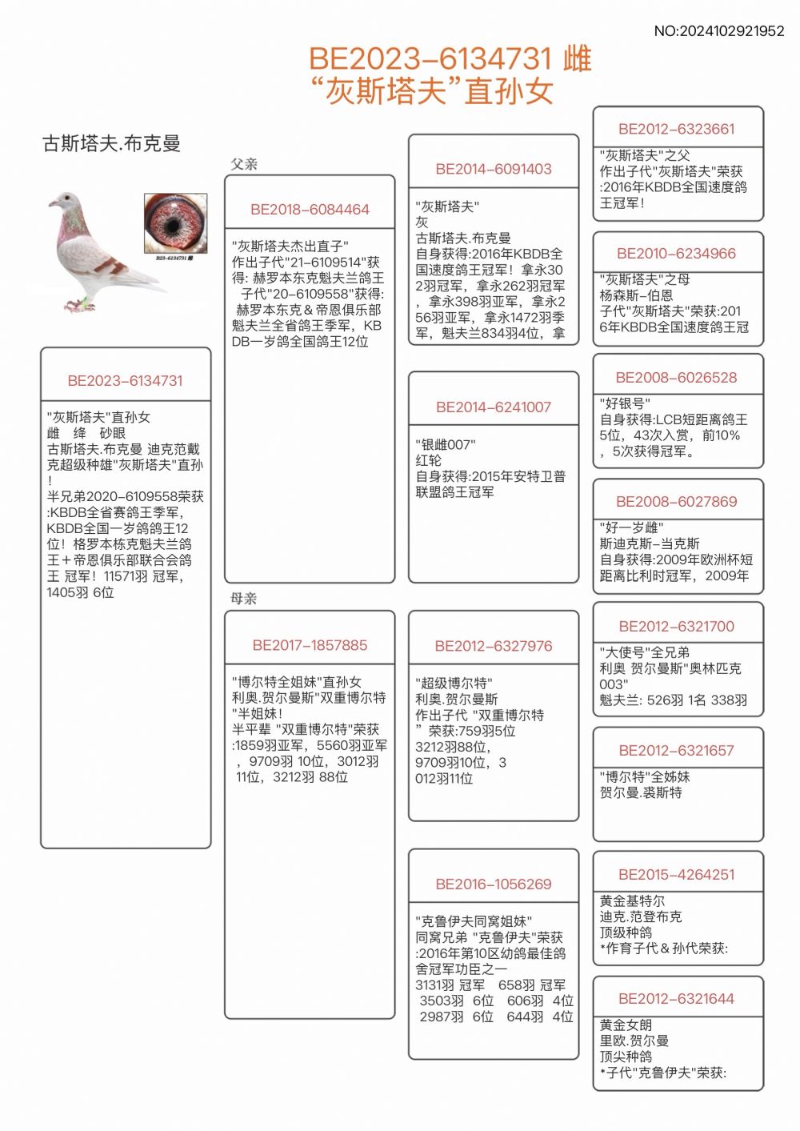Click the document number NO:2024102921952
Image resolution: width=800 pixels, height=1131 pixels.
[719, 31]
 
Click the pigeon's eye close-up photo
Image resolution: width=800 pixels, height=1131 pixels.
[175, 224]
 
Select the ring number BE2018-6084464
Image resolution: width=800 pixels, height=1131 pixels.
[310, 210]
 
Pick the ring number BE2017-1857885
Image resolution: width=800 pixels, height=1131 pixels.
[310, 645]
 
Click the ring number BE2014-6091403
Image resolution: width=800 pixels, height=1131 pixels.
[494, 169]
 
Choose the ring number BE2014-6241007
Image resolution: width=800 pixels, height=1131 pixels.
[494, 407]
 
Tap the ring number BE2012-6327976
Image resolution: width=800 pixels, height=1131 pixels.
[494, 646]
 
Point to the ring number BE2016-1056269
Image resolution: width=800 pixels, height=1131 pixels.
[494, 884]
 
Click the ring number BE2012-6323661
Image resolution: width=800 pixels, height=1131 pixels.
[677, 129]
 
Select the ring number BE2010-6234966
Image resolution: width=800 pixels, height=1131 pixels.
[677, 254]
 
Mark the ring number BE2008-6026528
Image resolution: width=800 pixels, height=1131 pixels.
[677, 378]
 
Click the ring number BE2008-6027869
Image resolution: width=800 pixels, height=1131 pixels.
[677, 502]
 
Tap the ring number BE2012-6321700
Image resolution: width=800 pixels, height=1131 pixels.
[677, 627]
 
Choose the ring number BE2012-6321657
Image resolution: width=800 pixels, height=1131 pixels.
[677, 751]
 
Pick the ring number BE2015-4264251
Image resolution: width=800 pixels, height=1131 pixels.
[677, 875]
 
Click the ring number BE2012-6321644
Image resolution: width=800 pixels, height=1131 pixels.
[677, 999]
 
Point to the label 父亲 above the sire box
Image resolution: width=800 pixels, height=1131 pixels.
[244, 164]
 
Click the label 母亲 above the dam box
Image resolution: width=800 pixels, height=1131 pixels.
[244, 599]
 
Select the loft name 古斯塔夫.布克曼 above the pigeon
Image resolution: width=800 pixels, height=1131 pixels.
[111, 144]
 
